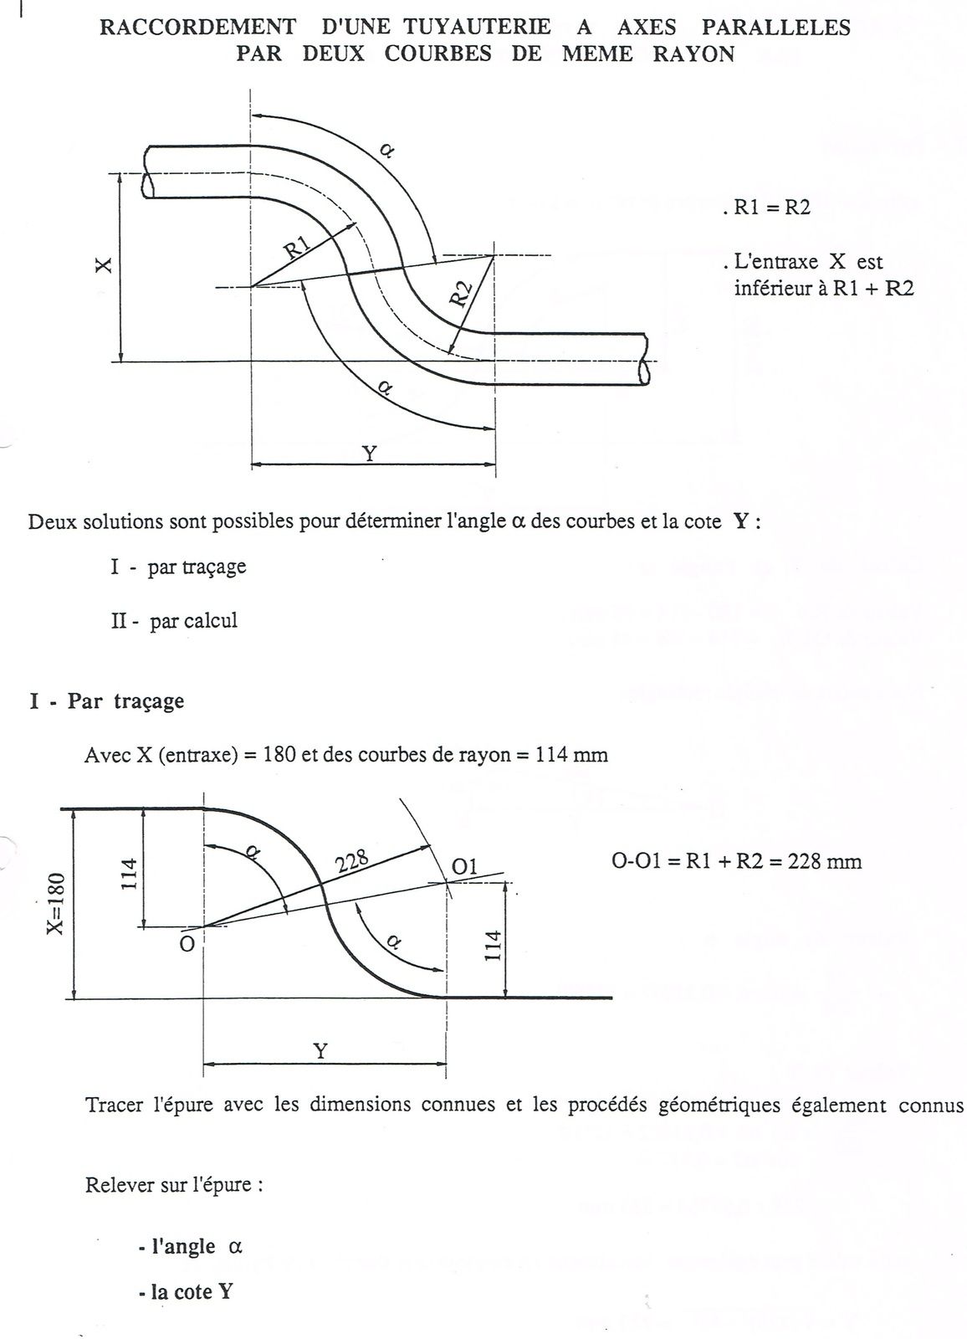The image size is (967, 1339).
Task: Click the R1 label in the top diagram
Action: pos(298,249)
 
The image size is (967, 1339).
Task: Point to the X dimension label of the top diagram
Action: pos(103,266)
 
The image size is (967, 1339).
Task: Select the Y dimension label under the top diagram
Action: pos(369,453)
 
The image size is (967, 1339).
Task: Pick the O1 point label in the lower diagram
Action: pos(464,866)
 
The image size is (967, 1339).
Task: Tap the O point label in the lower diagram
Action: pos(187,943)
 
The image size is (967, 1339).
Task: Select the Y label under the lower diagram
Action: pos(320,1051)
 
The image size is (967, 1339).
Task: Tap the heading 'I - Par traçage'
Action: pos(106,700)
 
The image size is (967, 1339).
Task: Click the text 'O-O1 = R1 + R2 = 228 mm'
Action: pos(737,861)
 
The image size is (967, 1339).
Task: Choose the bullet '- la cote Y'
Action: pos(186,1291)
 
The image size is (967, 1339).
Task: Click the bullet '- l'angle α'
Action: pos(190,1246)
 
